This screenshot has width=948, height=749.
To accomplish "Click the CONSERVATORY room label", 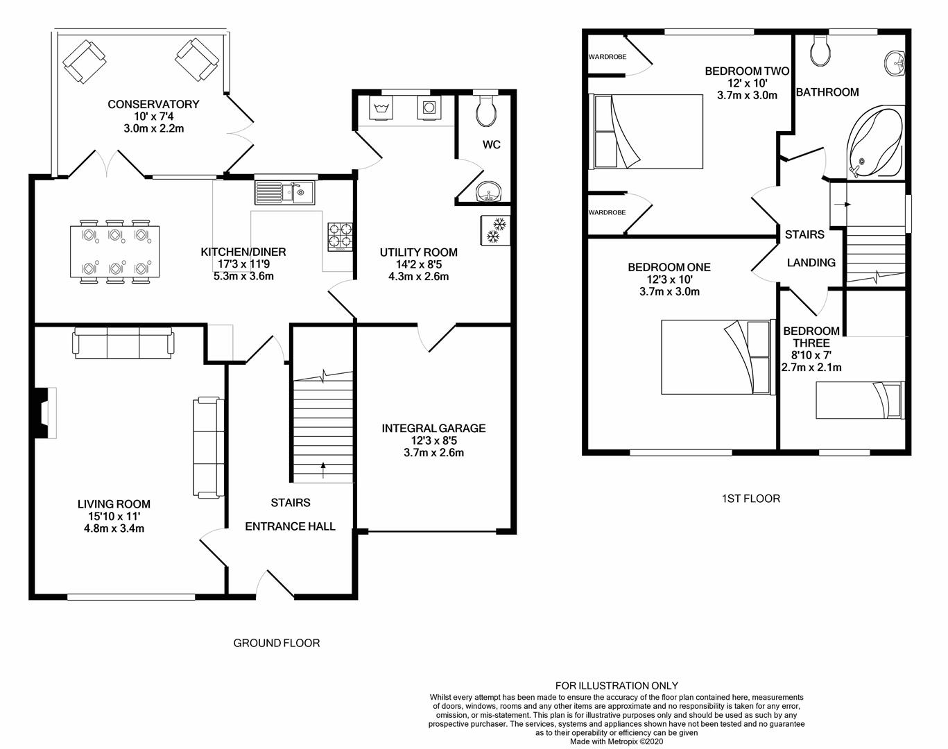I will (153, 104).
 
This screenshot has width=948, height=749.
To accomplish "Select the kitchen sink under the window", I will (284, 192).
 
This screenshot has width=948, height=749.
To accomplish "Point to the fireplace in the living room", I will (46, 413).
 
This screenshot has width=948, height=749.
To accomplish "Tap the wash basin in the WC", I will (490, 192).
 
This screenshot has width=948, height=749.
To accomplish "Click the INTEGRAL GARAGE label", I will (433, 429).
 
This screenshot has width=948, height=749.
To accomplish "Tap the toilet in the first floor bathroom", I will (821, 51).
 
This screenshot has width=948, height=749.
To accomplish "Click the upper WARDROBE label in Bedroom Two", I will (607, 57).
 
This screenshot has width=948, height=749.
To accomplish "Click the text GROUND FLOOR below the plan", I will (276, 643).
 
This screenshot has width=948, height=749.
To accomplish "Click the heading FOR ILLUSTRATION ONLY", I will (617, 685).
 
